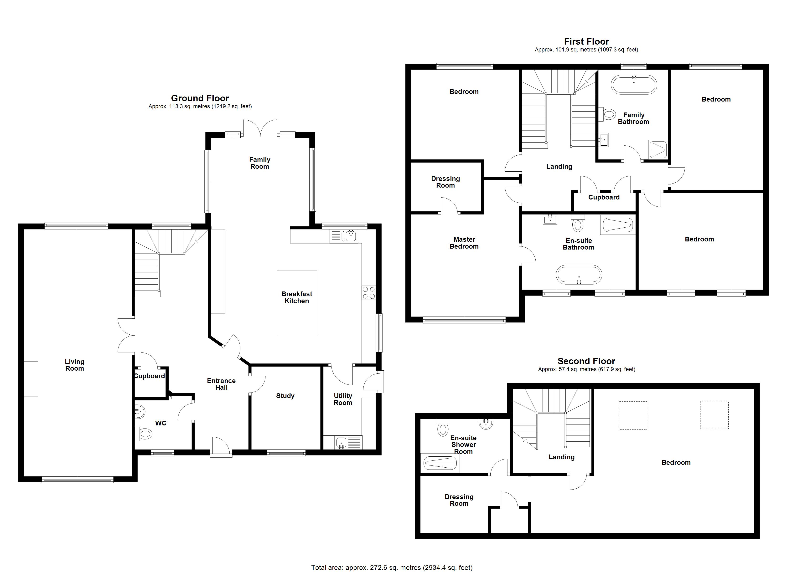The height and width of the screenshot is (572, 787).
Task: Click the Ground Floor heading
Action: pyautogui.click(x=200, y=98)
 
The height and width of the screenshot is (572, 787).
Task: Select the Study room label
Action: pyautogui.click(x=285, y=396)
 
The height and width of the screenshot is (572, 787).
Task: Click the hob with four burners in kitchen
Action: pyautogui.click(x=368, y=292)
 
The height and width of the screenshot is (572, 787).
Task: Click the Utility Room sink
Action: pyautogui.click(x=342, y=443)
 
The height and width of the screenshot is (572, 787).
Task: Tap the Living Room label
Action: pyautogui.click(x=75, y=365)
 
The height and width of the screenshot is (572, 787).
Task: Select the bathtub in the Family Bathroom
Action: pyautogui.click(x=634, y=84)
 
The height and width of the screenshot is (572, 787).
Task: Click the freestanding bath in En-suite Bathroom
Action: pyautogui.click(x=579, y=275)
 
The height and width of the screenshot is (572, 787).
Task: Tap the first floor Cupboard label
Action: pyautogui.click(x=604, y=197)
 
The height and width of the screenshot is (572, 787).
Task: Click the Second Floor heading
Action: pyautogui.click(x=586, y=361)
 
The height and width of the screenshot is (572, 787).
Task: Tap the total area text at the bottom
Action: pyautogui.click(x=392, y=567)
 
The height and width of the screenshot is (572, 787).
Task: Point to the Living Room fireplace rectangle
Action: pyautogui.click(x=31, y=379)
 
